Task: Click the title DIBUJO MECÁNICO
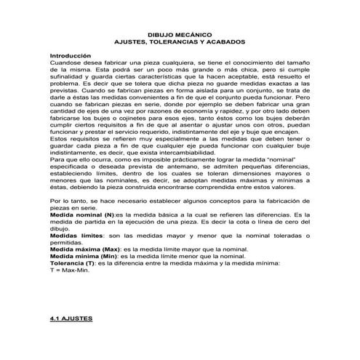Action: click(x=180, y=34)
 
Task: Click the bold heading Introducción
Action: click(x=71, y=56)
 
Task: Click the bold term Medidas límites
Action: click(x=75, y=236)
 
